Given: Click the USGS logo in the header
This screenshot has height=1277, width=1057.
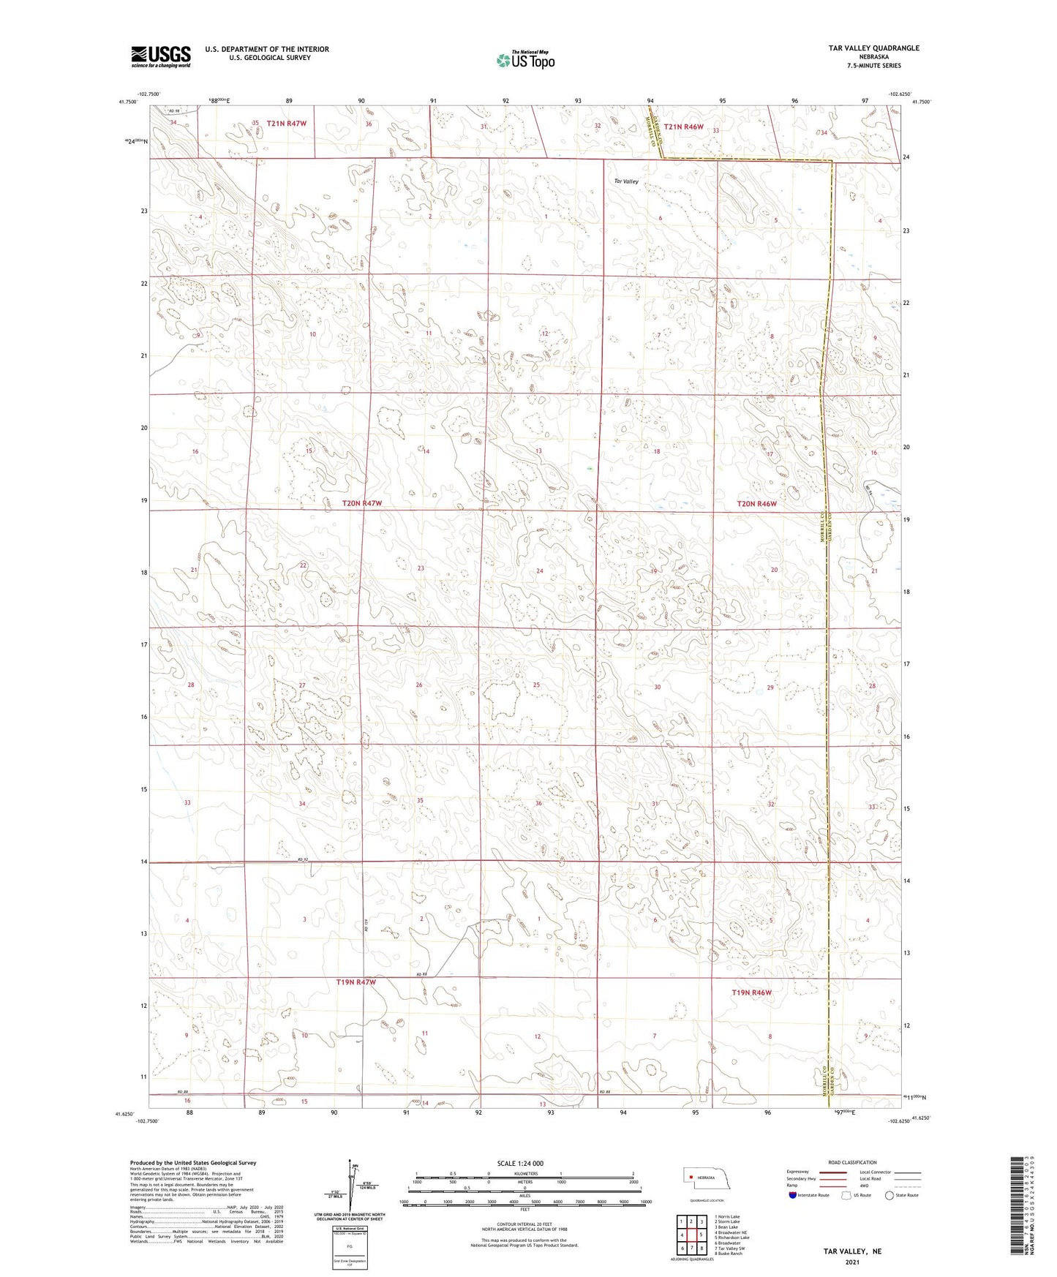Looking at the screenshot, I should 161,56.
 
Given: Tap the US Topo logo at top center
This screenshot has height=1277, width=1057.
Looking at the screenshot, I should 524,60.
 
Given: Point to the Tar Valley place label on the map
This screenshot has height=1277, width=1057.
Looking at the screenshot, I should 626,181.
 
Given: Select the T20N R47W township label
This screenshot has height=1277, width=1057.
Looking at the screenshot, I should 362,503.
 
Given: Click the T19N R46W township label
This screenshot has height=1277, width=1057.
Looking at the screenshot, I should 752,992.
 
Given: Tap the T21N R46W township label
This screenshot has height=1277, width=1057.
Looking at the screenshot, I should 683,127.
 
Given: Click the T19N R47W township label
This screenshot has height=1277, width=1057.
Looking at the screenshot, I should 356,982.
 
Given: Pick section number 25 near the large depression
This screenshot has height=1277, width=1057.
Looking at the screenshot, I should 536,685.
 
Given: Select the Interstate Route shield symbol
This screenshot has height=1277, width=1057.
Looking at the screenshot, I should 793,1195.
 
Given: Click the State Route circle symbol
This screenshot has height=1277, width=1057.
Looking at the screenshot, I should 889,1195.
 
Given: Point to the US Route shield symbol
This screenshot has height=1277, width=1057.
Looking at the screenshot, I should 846,1195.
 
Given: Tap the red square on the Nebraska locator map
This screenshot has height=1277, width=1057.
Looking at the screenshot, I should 690,1177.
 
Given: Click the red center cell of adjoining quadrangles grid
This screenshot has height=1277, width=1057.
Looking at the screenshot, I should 691,1235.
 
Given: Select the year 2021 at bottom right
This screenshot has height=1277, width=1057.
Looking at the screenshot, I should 852,1262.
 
